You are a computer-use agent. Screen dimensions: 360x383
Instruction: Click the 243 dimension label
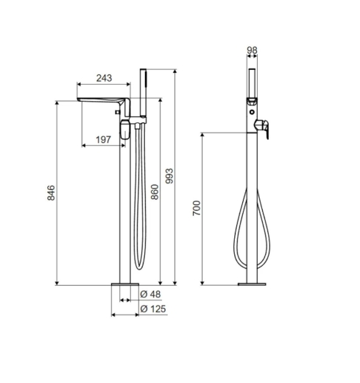pyautogui.click(x=104, y=78)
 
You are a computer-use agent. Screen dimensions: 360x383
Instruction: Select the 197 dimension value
pyautogui.click(x=103, y=140)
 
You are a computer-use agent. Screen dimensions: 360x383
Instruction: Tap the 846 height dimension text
pyautogui.click(x=52, y=193)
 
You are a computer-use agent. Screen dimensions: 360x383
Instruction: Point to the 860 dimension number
pyautogui.click(x=155, y=191)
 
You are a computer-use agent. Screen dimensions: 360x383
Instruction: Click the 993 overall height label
pyautogui.click(x=169, y=176)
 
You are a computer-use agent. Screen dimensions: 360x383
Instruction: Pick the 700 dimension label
pyautogui.click(x=197, y=208)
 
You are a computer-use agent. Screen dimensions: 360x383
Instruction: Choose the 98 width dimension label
pyautogui.click(x=252, y=50)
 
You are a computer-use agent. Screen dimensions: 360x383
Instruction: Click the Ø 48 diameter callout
pyautogui.click(x=151, y=294)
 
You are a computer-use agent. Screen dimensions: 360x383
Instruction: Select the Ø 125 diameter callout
pyautogui.click(x=153, y=309)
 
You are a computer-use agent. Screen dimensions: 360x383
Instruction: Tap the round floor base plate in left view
pyautogui.click(x=125, y=284)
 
